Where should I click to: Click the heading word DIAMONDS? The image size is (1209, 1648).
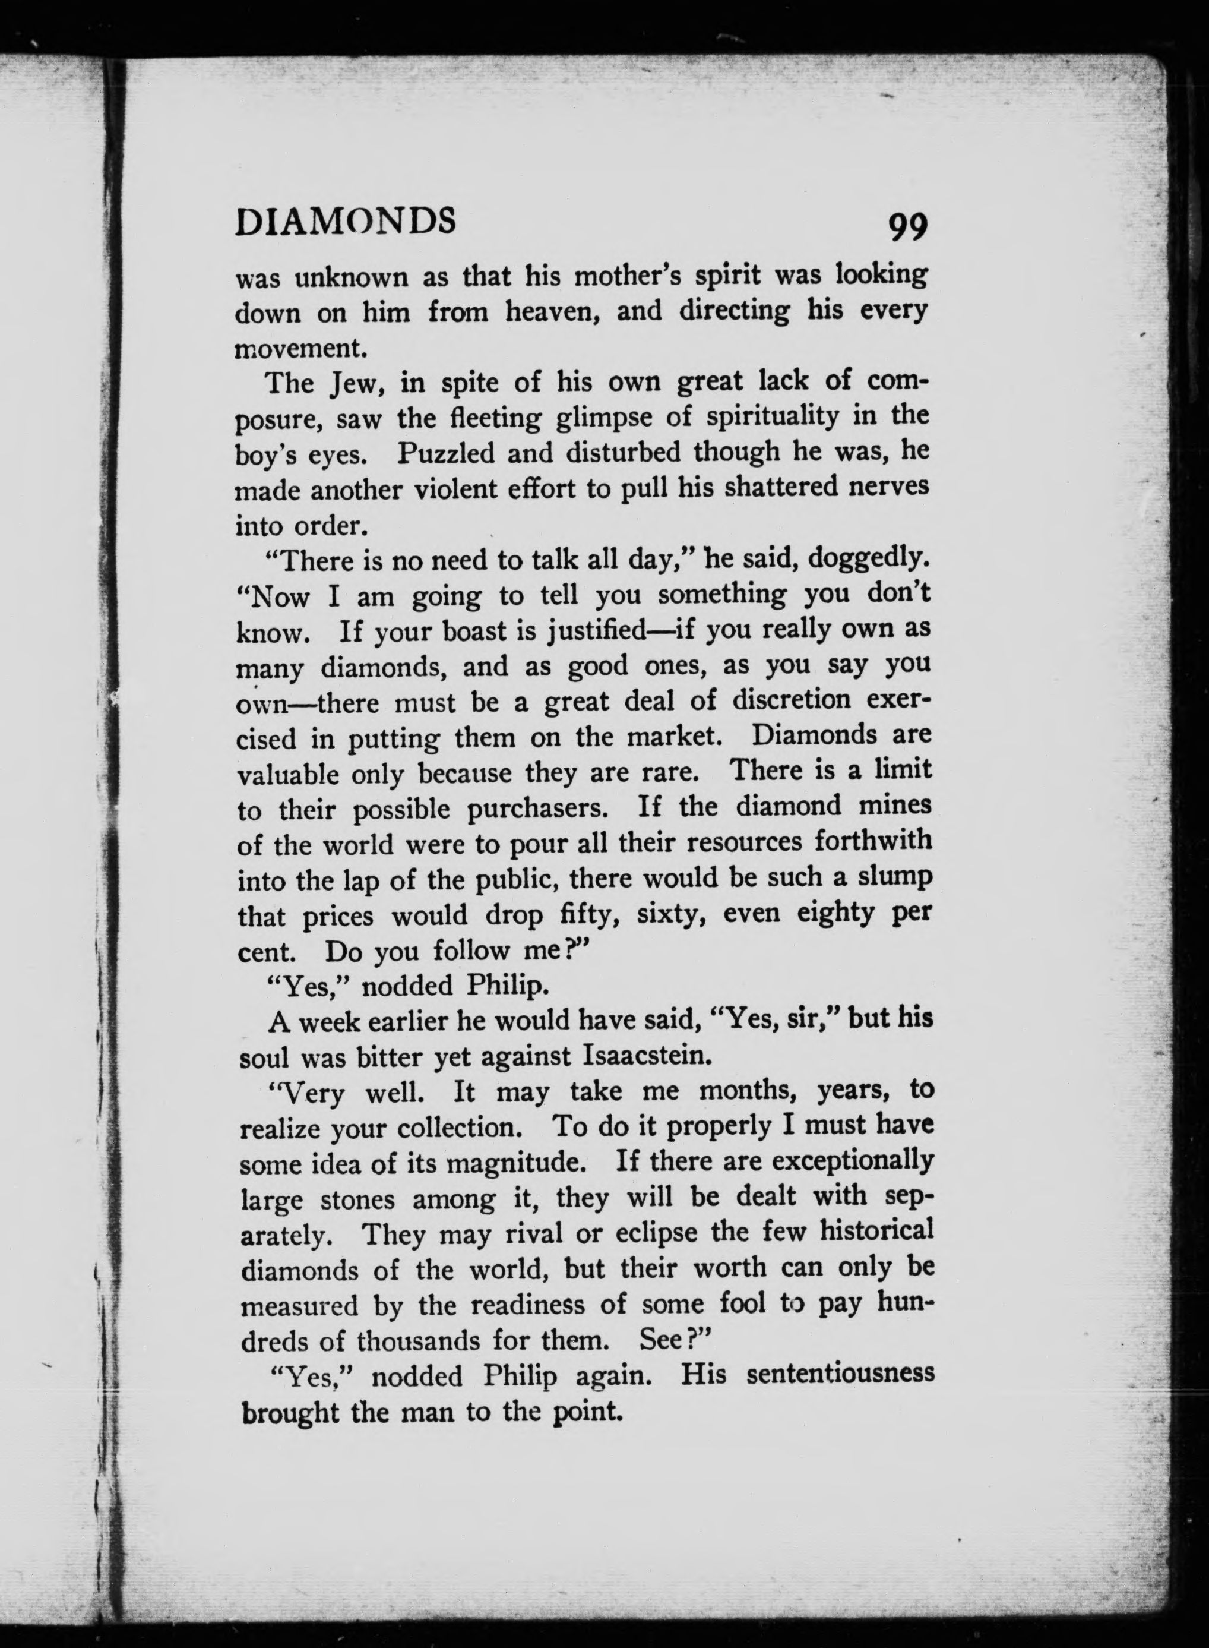[x=346, y=221]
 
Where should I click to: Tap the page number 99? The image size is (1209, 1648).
[x=907, y=228]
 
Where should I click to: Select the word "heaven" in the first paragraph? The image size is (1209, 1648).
[x=555, y=312]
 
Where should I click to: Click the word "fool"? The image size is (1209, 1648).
[x=742, y=1304]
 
